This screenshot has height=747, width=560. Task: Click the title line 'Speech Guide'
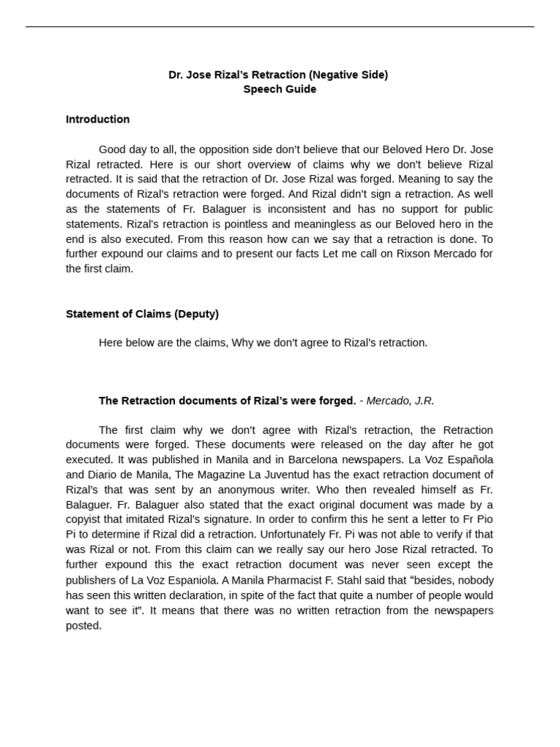point(279,89)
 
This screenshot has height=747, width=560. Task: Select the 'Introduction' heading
point(98,119)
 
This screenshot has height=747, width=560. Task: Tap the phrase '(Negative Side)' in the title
point(348,74)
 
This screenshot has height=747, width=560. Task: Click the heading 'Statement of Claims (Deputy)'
point(142,314)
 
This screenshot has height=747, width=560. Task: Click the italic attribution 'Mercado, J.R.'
point(400,400)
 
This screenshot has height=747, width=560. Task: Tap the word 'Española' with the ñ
point(462,460)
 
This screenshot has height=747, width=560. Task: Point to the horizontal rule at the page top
point(279,27)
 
